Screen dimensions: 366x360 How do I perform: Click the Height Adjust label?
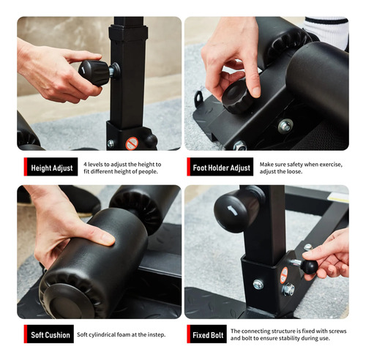[x=52, y=168]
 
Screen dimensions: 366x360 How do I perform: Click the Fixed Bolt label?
[x=208, y=335]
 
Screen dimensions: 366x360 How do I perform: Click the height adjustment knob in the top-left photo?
[x=94, y=72]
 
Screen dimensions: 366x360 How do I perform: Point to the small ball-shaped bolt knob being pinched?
[x=310, y=267]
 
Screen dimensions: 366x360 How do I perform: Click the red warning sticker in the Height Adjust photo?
[x=132, y=143]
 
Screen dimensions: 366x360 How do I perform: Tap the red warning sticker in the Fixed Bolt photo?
[x=284, y=275]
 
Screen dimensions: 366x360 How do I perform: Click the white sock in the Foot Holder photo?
[x=327, y=31]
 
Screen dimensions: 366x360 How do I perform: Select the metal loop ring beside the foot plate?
[x=199, y=98]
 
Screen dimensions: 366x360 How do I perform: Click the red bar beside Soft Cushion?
[x=26, y=334]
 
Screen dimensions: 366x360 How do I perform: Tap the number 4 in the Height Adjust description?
[x=85, y=165]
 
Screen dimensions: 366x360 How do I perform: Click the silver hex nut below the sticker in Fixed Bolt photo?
[x=288, y=290]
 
